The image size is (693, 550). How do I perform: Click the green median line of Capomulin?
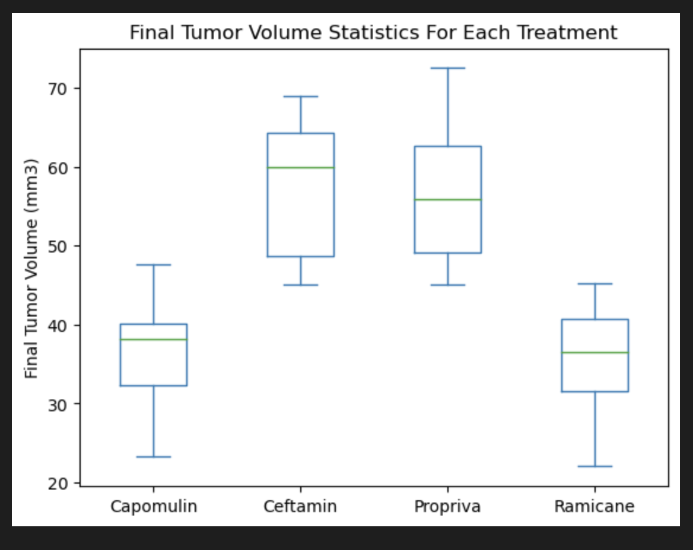click(154, 340)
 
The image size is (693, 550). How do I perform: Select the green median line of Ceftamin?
click(301, 168)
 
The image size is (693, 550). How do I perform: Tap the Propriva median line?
click(448, 200)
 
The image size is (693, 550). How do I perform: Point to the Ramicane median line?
click(595, 353)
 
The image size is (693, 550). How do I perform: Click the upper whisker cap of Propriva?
click(448, 68)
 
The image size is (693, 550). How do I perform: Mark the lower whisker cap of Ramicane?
click(595, 466)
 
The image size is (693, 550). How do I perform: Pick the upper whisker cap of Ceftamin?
click(301, 97)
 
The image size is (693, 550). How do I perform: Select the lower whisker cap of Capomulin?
click(154, 457)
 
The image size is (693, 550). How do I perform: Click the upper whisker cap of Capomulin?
click(154, 265)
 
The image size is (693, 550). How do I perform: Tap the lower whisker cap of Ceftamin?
click(301, 285)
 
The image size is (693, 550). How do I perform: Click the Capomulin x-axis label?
click(154, 507)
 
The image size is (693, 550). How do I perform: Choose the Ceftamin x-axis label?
click(300, 507)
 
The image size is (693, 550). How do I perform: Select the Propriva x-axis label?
click(447, 507)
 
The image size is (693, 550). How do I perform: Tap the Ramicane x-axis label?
click(595, 507)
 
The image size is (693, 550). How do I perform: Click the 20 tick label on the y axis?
click(63, 483)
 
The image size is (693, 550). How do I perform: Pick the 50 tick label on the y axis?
click(63, 246)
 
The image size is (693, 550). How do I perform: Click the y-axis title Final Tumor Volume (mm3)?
click(32, 268)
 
